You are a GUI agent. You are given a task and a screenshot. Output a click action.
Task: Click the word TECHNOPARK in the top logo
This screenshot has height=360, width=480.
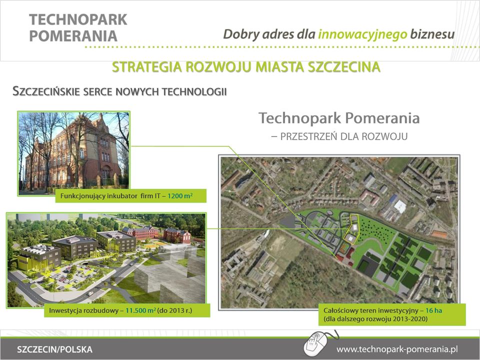[x=78, y=19]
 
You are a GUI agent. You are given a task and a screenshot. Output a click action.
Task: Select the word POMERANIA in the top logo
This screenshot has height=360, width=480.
[x=73, y=36]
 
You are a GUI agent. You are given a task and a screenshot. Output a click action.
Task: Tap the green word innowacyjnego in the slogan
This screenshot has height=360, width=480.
[x=363, y=34]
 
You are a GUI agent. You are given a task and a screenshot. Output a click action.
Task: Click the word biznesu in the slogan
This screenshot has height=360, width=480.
[x=432, y=34]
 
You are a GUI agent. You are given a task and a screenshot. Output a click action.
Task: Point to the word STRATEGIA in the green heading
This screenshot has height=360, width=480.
[x=146, y=67]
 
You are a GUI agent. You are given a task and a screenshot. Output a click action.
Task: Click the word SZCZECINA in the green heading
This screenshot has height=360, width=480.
[x=344, y=67]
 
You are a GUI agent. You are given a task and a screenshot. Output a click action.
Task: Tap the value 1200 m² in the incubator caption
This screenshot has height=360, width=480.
[x=180, y=195]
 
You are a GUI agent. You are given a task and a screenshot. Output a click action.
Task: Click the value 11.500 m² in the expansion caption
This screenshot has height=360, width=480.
[x=141, y=310]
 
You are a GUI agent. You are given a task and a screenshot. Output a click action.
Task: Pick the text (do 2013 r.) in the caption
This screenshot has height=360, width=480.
[x=175, y=310]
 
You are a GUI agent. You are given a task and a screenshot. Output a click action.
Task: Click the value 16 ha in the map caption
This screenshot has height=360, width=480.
[x=434, y=310]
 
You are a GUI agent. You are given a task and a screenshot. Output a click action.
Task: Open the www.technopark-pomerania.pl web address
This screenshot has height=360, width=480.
[x=397, y=349]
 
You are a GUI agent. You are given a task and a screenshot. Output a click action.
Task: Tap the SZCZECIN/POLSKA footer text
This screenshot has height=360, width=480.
[x=54, y=349]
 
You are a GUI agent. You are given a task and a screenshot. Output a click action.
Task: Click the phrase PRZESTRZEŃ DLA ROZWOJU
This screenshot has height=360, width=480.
[x=344, y=136]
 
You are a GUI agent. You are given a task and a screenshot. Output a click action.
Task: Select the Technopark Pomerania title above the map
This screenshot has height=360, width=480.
[x=339, y=118]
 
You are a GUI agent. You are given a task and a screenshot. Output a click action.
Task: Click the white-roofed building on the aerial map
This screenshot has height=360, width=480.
[x=400, y=206]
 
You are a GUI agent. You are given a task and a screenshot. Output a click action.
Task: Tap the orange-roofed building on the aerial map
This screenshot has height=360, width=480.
[x=440, y=234]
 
